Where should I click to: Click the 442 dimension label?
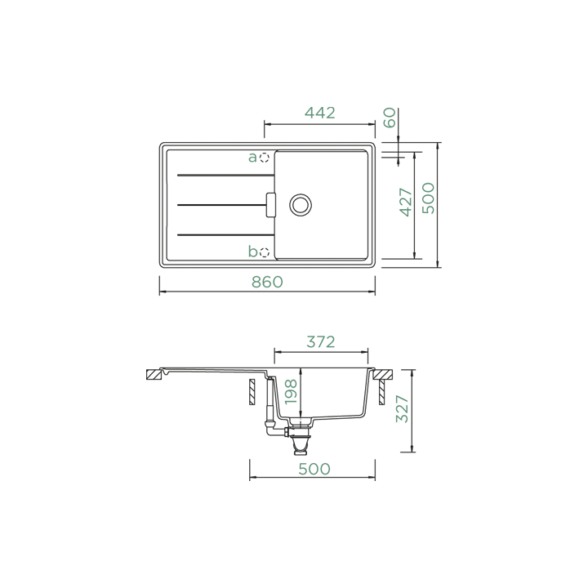click(319, 113)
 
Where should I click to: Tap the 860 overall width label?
click(267, 282)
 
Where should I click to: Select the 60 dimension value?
click(390, 118)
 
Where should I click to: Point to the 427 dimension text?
click(406, 203)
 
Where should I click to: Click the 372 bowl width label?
click(321, 342)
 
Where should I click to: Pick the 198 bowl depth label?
click(291, 392)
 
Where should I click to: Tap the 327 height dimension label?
click(403, 409)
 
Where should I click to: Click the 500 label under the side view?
click(314, 469)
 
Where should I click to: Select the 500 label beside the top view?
click(428, 198)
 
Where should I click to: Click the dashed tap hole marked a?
click(265, 158)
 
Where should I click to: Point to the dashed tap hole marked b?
click(265, 252)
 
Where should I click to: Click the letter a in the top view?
click(252, 158)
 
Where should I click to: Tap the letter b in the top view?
click(252, 251)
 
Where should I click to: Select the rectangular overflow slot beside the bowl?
click(271, 205)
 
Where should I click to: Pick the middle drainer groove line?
click(221, 205)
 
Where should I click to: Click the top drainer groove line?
click(225, 175)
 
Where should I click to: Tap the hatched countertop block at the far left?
click(154, 375)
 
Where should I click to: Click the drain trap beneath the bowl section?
click(300, 444)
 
